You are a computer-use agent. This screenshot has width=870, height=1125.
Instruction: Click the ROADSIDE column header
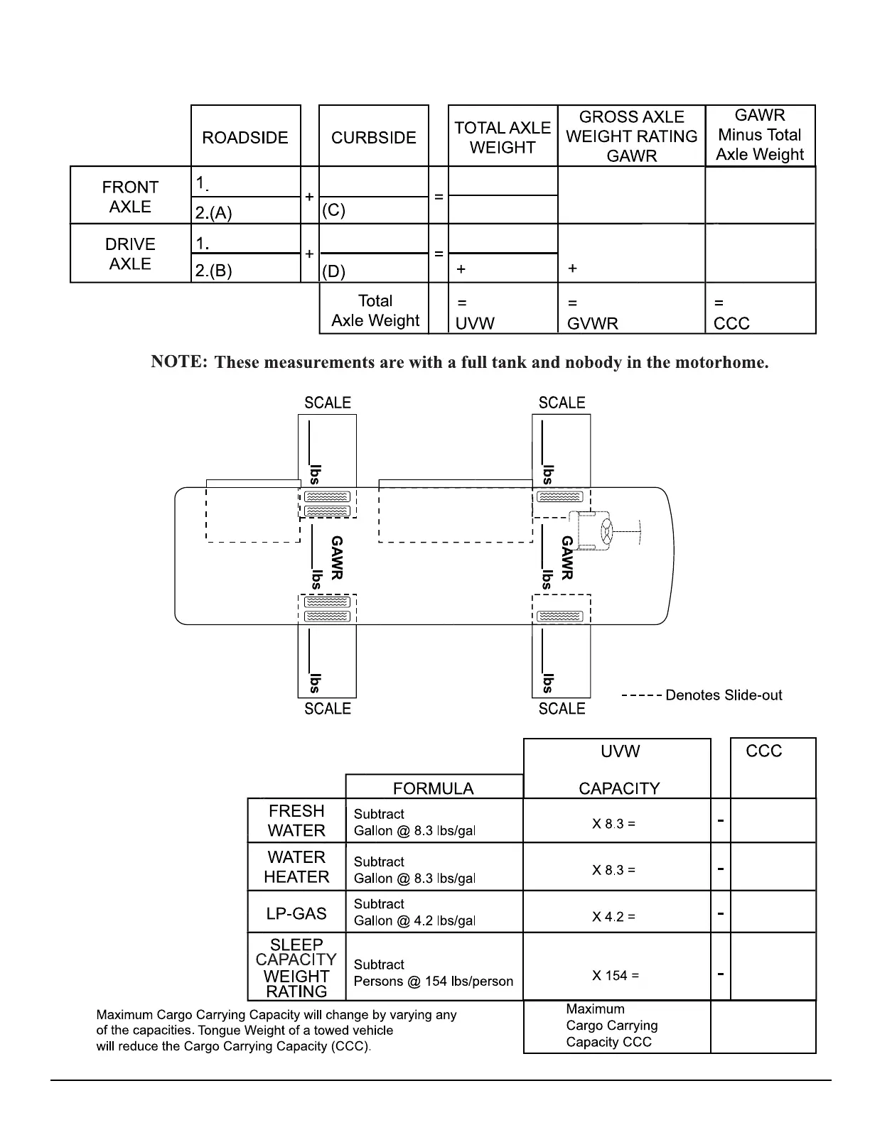pos(245,137)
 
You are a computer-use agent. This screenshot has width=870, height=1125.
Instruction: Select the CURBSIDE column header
pos(373,137)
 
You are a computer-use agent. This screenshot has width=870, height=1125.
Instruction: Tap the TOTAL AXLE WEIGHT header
pos(503,137)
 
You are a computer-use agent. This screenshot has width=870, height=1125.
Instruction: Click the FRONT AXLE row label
pos(130,197)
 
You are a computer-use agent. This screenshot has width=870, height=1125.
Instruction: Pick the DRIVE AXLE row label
pos(130,254)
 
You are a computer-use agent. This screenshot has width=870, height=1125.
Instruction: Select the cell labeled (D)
pos(334,271)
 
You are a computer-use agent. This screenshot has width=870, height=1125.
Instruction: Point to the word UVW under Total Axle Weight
pos(475,324)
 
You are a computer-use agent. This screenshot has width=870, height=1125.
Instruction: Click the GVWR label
pos(593,324)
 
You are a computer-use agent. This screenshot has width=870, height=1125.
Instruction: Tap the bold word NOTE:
pos(179,362)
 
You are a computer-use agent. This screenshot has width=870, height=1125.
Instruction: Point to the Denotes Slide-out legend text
pos(724,695)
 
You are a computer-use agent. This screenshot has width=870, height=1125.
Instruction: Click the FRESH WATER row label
pos(296,820)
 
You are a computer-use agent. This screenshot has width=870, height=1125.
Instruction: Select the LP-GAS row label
pos(296,913)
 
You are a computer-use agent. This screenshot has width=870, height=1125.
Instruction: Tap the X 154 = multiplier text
pos(616,976)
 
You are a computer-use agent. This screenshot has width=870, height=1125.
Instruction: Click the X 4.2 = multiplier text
pos(614,917)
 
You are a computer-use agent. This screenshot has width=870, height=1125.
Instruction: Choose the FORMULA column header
pos(433,788)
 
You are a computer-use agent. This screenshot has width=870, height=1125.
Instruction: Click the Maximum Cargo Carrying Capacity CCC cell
pos(612,1026)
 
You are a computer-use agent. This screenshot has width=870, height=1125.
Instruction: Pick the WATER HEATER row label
pos(296,867)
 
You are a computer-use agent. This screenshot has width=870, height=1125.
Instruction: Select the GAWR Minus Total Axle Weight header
pos(760,135)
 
